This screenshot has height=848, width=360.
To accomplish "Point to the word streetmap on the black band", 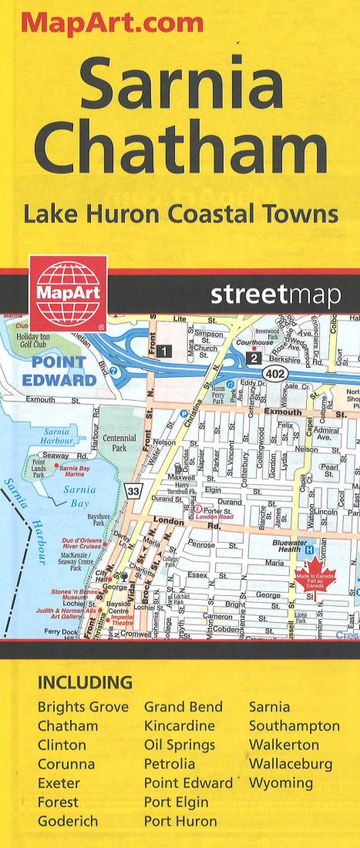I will pos(274,296).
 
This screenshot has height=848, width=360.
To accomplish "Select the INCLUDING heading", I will pos(86,683).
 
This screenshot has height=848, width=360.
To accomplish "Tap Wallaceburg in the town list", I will pos(291,763).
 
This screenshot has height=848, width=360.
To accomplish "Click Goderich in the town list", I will pos(68,819).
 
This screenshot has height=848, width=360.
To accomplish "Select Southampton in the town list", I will pos(294,725).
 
